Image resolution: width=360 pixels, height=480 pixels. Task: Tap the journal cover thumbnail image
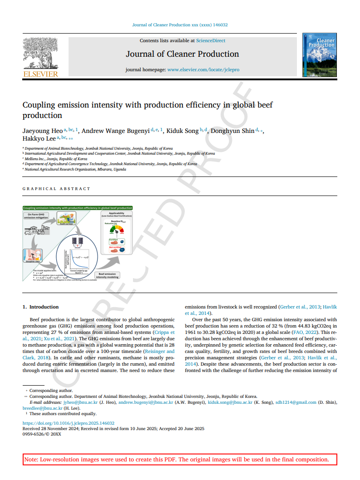pyautogui.click(x=319, y=54)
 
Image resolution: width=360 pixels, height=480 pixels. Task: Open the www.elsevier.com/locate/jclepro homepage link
pyautogui.click(x=203, y=70)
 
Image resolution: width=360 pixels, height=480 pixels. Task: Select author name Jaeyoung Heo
pyautogui.click(x=42, y=131)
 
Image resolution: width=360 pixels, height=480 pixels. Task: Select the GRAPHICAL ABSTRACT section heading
pyautogui.click(x=56, y=189)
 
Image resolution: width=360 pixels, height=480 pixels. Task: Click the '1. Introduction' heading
pyautogui.click(x=40, y=307)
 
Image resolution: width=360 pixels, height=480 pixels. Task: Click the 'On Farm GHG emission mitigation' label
pyautogui.click(x=35, y=216)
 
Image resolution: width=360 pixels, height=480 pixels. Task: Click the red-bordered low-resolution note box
pyautogui.click(x=180, y=459)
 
